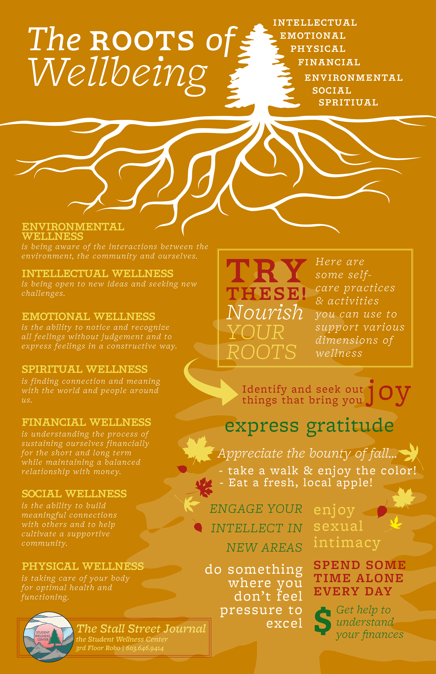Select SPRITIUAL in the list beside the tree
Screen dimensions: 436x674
point(348,103)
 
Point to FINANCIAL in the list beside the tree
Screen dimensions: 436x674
point(329,62)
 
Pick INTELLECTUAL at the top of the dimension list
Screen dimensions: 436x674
point(315,23)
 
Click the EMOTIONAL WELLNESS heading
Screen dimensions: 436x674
point(88,316)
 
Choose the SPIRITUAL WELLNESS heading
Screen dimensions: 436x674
point(85,369)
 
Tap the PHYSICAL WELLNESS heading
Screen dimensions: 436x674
point(83,566)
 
